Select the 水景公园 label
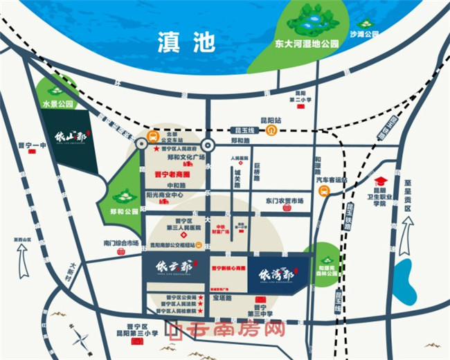coord(57,105)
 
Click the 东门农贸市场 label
coord(285,201)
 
